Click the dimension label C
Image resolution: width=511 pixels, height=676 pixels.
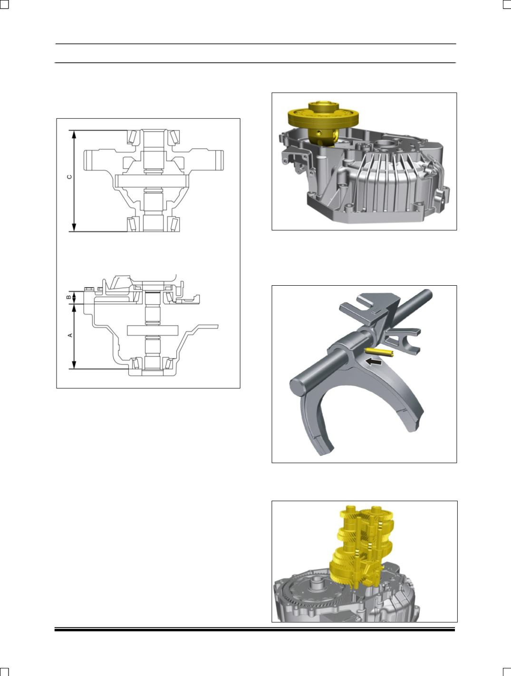point(69,177)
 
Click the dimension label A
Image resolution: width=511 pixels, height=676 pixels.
point(70,335)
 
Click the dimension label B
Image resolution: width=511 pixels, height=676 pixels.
point(69,297)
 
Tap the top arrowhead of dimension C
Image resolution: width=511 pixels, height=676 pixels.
point(74,134)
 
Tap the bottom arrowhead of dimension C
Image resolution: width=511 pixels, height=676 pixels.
point(74,227)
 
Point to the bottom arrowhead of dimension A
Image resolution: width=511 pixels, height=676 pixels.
point(74,365)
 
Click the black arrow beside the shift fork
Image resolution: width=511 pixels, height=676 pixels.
point(374,362)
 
